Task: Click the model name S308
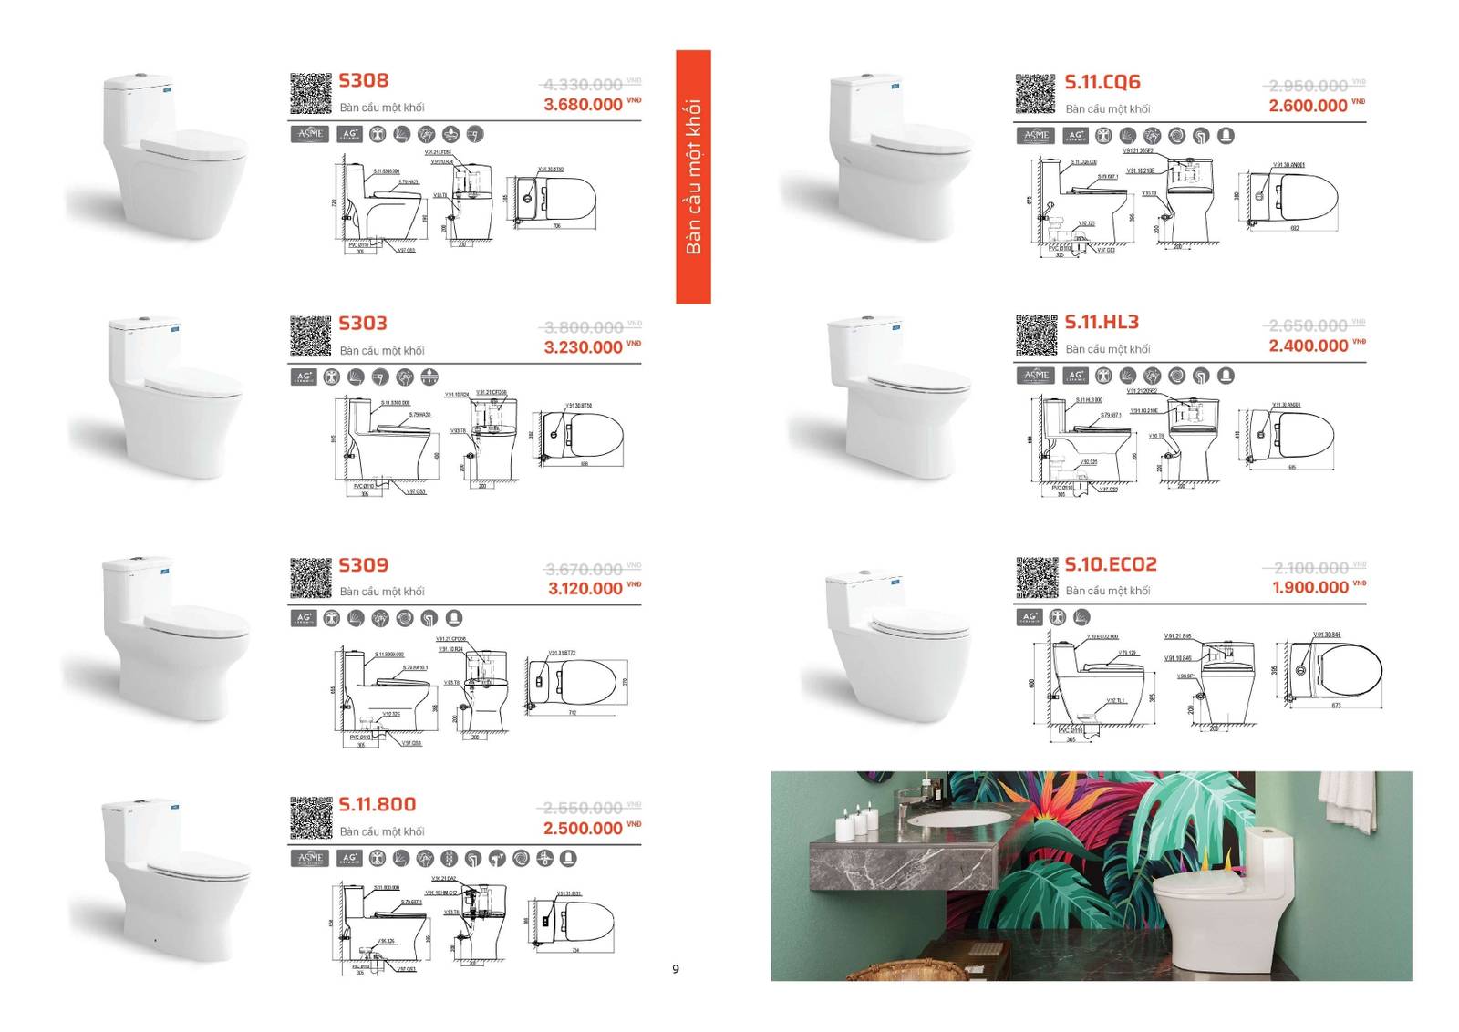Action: click(363, 80)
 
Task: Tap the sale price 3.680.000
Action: click(584, 105)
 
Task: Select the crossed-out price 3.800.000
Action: click(584, 327)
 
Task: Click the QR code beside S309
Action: click(310, 578)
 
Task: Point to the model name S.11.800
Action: click(378, 804)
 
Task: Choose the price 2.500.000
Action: click(583, 829)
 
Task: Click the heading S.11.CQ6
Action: click(1102, 82)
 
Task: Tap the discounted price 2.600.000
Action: click(1308, 106)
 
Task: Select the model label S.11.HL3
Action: click(1102, 322)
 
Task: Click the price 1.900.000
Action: click(1309, 588)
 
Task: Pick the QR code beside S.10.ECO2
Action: click(1036, 577)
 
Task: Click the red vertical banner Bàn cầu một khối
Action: click(693, 177)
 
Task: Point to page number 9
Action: click(676, 969)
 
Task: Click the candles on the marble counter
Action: click(855, 823)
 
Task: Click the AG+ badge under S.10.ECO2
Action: click(1030, 617)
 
